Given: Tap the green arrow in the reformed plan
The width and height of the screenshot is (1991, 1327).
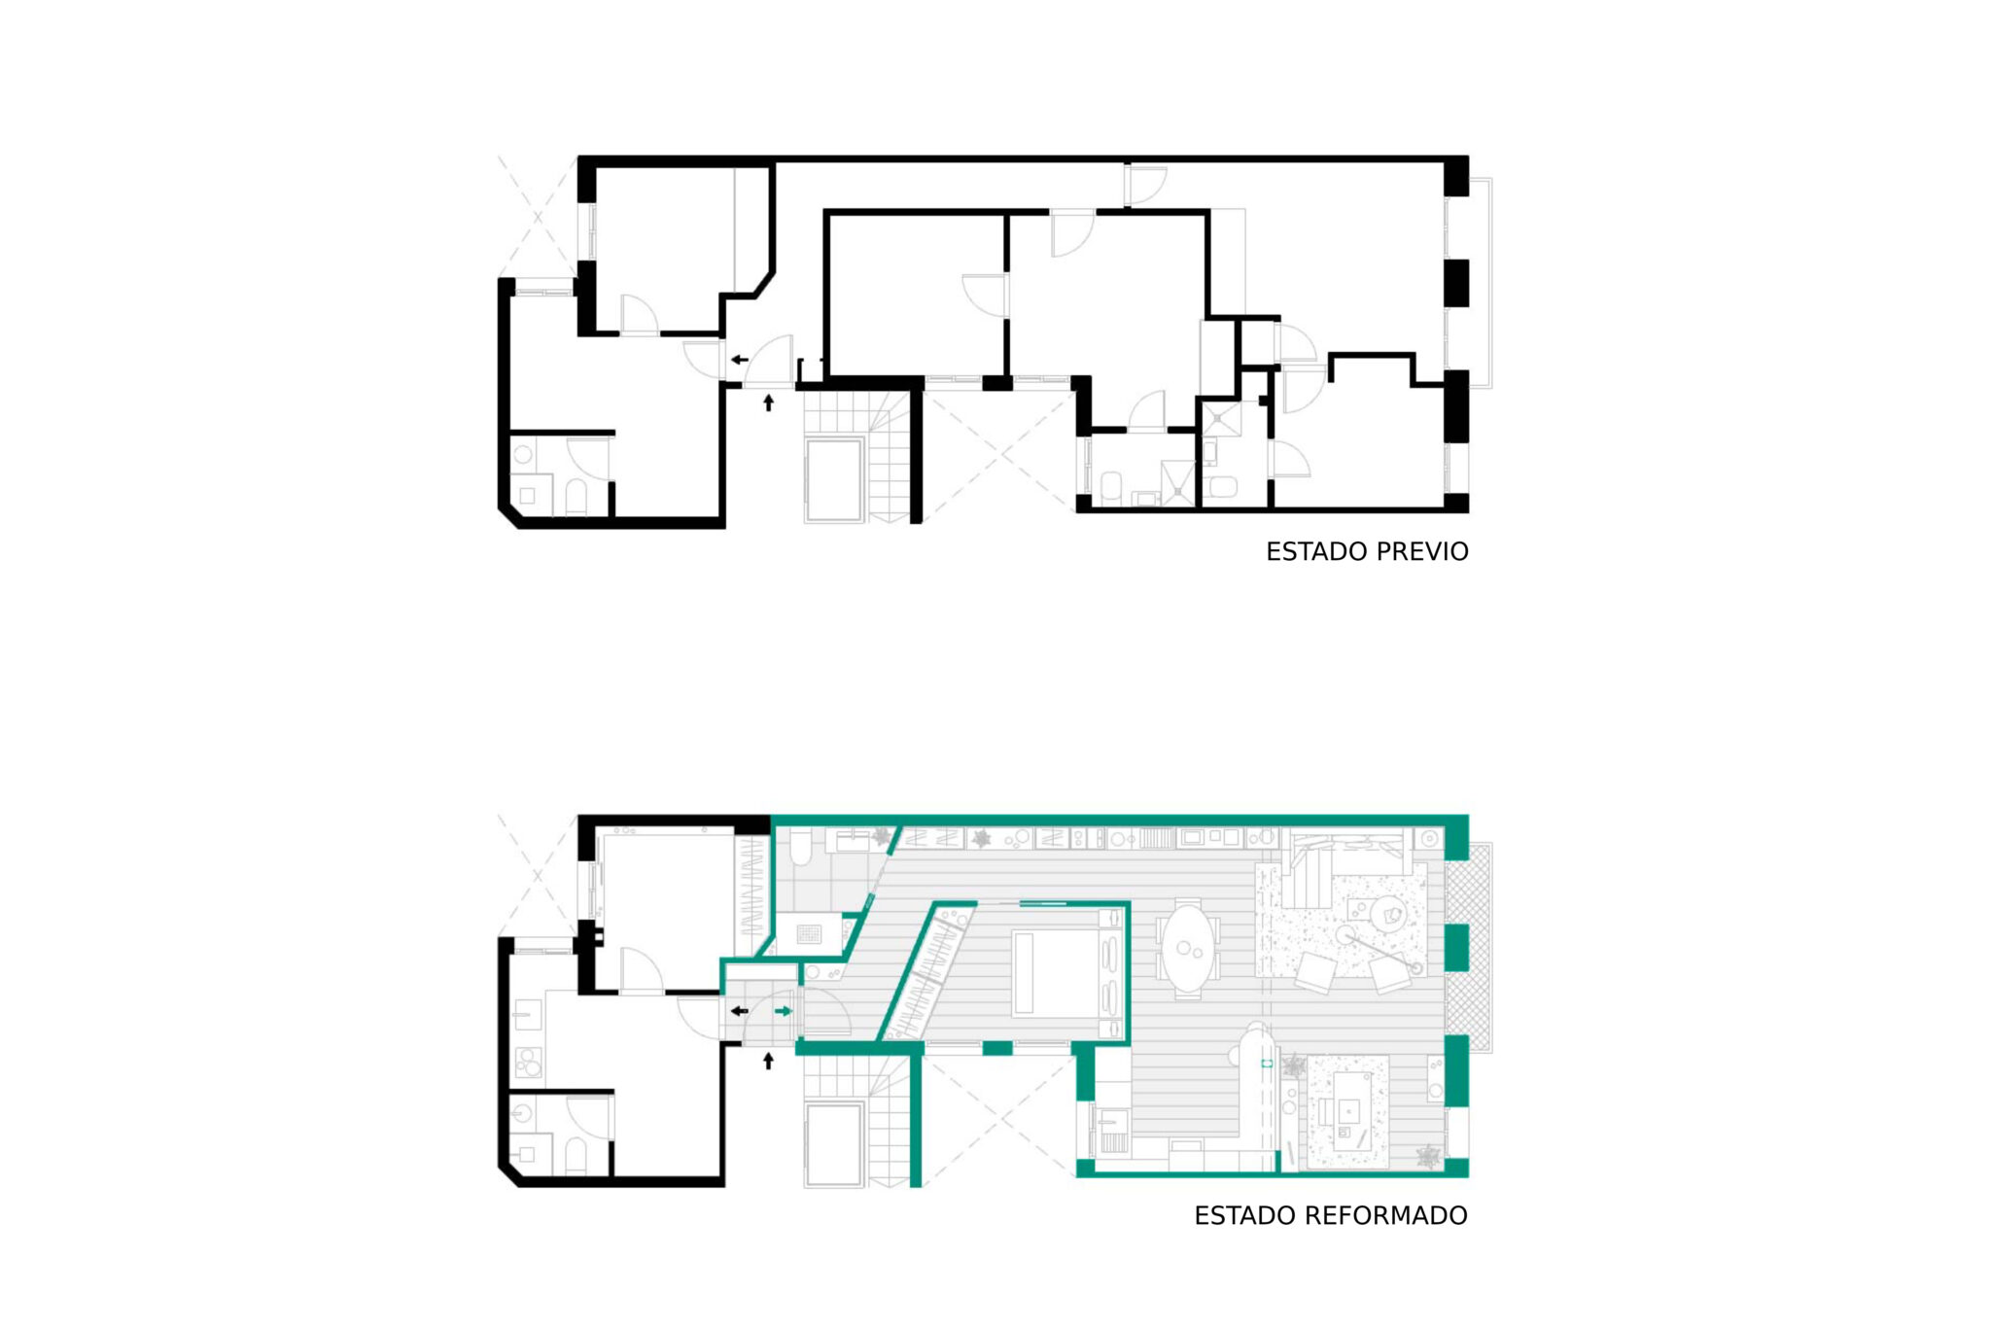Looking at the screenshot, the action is pyautogui.click(x=784, y=1011).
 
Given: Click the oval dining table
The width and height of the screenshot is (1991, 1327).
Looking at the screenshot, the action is pyautogui.click(x=1188, y=948).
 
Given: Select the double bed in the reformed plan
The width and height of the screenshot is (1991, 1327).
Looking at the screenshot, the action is pyautogui.click(x=1060, y=973).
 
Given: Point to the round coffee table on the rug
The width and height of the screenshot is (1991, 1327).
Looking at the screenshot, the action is pyautogui.click(x=1387, y=915).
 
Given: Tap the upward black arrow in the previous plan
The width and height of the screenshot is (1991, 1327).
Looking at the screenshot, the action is pyautogui.click(x=768, y=402).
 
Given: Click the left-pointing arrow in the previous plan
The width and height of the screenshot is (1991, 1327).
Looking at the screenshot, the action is pyautogui.click(x=740, y=360).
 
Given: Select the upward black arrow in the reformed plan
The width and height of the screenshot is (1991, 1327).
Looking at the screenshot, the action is pyautogui.click(x=768, y=1061).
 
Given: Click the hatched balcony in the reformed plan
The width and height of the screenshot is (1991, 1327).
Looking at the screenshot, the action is pyautogui.click(x=1468, y=948).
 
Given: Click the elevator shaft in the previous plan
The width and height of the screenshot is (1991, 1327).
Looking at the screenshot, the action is pyautogui.click(x=834, y=479).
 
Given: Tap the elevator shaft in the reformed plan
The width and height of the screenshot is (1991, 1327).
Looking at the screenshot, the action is pyautogui.click(x=834, y=1144).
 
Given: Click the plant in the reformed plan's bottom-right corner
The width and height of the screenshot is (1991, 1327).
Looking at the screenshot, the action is pyautogui.click(x=1428, y=1156).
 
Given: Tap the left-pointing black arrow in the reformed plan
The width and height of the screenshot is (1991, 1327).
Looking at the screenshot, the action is pyautogui.click(x=740, y=1011).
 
